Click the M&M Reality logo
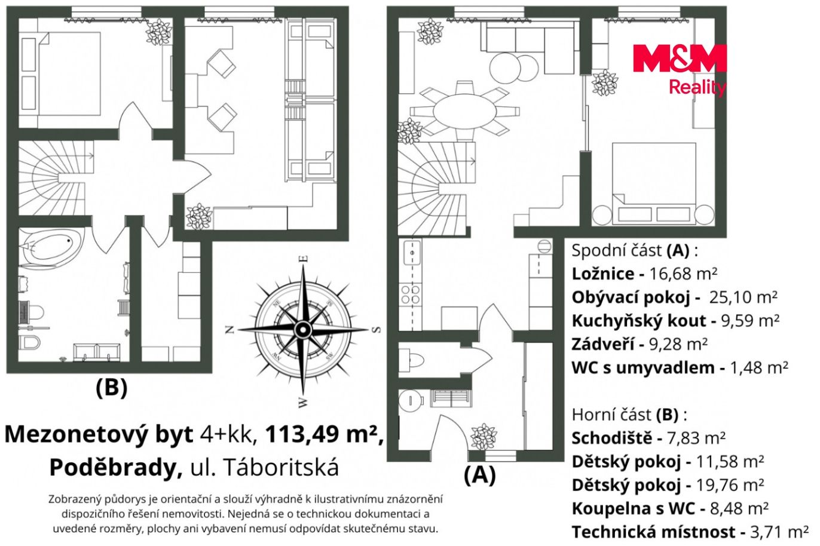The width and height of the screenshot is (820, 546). [x=680, y=70]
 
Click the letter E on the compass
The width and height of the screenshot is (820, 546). [x=304, y=259]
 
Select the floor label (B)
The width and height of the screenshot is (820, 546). [x=112, y=388]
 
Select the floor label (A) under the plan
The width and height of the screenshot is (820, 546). [x=480, y=475]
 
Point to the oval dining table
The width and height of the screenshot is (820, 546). [x=464, y=111]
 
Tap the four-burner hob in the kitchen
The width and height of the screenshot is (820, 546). [x=411, y=295]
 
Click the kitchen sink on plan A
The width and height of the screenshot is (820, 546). [x=412, y=252]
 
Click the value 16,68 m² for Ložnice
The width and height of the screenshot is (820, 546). [x=683, y=274]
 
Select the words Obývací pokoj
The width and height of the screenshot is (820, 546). [x=631, y=297]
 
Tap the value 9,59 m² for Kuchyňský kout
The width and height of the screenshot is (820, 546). [x=750, y=321]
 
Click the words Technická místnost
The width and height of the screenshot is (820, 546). [x=653, y=532]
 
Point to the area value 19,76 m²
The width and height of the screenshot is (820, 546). [x=730, y=485]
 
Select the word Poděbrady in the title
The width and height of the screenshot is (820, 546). [x=116, y=467]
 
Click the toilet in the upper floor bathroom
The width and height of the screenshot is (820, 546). [x=29, y=342]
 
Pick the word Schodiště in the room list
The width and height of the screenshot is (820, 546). [x=612, y=438]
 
